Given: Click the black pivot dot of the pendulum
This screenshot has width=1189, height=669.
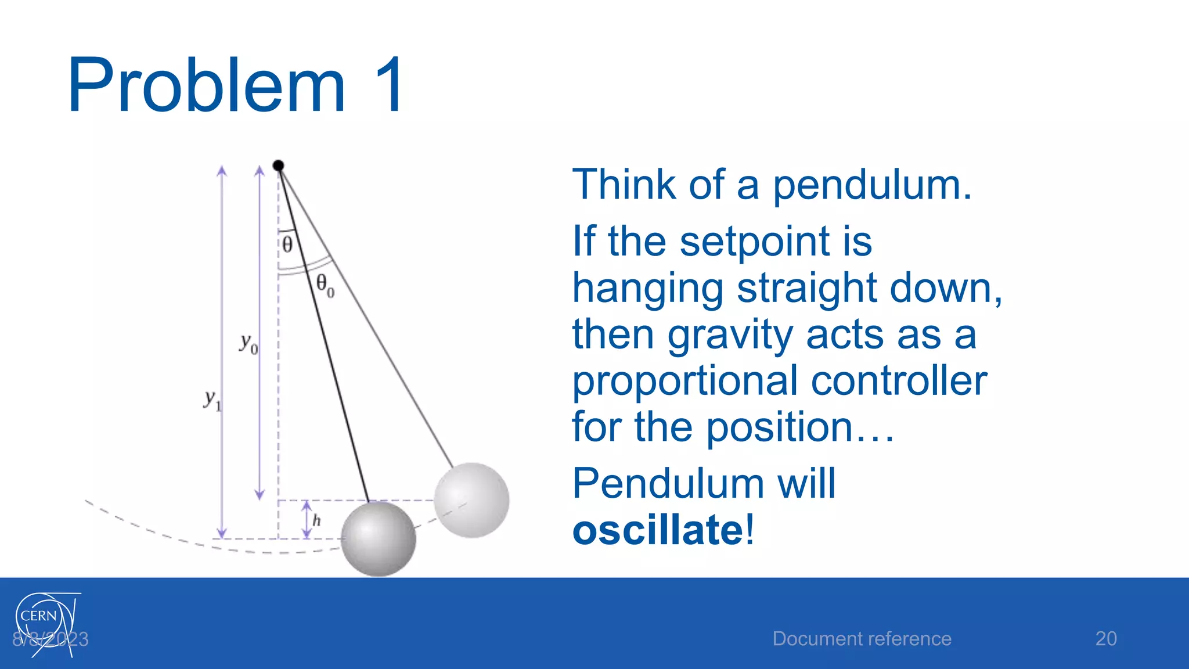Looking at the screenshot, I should [x=278, y=166].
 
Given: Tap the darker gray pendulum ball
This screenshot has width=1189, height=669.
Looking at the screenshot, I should [x=378, y=539].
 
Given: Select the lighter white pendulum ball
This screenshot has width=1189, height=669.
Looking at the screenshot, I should [x=471, y=500].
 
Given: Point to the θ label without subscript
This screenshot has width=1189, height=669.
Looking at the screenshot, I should [x=287, y=244].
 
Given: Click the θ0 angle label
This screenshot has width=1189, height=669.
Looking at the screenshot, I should [x=325, y=285].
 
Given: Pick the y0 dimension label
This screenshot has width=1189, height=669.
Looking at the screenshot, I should [x=248, y=343].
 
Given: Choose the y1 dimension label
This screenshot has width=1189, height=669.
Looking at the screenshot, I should [x=212, y=400].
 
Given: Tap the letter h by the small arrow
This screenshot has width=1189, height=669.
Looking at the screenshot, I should [x=316, y=520].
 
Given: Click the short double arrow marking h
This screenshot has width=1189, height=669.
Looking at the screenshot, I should [x=307, y=520].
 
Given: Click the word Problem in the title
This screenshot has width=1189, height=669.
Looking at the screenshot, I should [x=207, y=85].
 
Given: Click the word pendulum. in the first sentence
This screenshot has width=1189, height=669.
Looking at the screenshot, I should [x=871, y=185].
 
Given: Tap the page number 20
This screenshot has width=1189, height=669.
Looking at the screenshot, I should [x=1105, y=638].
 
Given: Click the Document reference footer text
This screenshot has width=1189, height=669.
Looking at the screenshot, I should [x=862, y=639].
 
